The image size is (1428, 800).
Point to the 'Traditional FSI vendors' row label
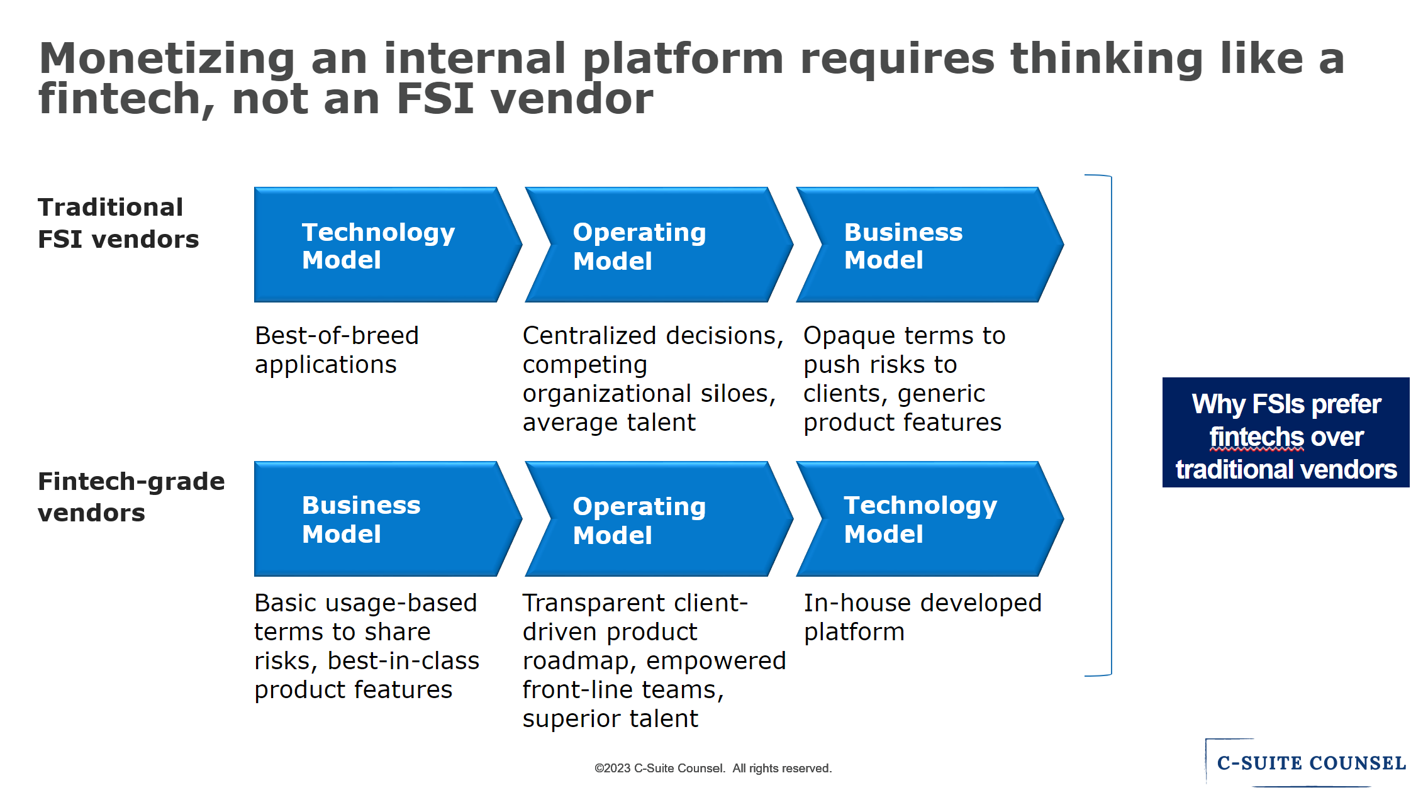(118, 223)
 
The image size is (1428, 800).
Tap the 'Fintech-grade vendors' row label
(131, 497)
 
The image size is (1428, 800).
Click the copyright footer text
(713, 768)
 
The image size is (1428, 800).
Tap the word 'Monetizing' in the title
(167, 58)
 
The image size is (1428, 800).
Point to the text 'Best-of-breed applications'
(337, 350)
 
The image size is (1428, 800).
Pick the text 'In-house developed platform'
(922, 617)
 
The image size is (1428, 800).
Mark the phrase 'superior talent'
(610, 719)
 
